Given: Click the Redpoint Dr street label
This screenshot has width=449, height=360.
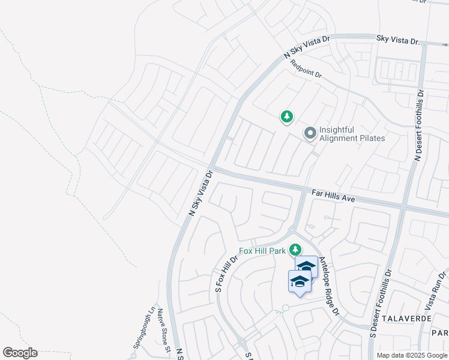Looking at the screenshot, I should (x=306, y=70).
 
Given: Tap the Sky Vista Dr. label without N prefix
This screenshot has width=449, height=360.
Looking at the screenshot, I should (x=398, y=40).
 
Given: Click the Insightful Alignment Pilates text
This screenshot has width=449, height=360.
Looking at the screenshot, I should (x=352, y=134).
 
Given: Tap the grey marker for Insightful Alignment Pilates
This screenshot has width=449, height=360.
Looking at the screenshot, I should (x=310, y=133).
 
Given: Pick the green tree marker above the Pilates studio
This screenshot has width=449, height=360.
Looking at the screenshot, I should (x=287, y=116).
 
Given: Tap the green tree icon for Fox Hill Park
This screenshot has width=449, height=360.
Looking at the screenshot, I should (x=295, y=249).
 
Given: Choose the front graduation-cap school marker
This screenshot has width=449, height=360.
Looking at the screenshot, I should (x=300, y=281).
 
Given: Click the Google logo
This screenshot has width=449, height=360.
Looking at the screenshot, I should (x=20, y=353).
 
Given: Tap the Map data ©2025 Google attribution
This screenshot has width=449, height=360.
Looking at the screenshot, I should (x=411, y=355).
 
